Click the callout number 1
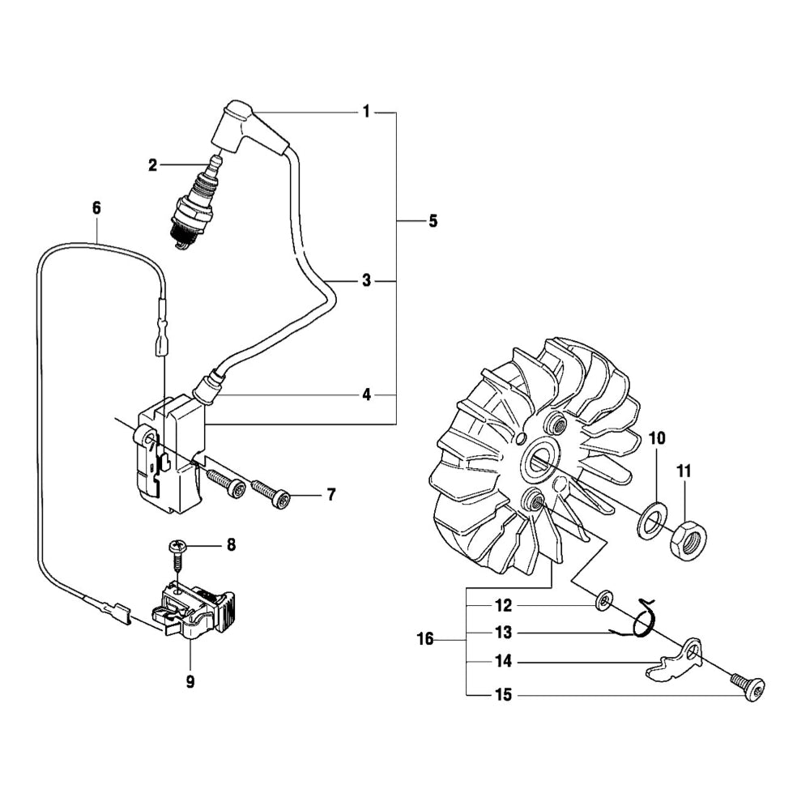[366, 112]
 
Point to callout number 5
[433, 220]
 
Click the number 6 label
[96, 208]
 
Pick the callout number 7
[330, 494]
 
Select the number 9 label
[190, 682]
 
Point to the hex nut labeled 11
[688, 539]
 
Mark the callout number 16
[425, 640]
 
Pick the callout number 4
[366, 394]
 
